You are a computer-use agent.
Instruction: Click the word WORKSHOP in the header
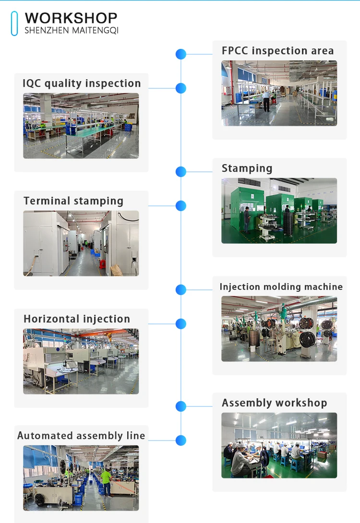pyautogui.click(x=71, y=18)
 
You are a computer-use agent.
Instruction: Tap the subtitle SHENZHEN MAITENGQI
pyautogui.click(x=71, y=31)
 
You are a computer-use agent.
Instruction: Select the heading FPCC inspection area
pyautogui.click(x=277, y=51)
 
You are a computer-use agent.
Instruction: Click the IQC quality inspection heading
pyautogui.click(x=82, y=83)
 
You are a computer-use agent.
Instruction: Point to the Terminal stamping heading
pyautogui.click(x=73, y=201)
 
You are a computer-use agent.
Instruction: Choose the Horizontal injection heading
pyautogui.click(x=77, y=319)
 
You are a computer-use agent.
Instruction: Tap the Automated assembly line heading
pyautogui.click(x=81, y=436)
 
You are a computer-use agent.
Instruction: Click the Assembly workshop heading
pyautogui.click(x=274, y=403)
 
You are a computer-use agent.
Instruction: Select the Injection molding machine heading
pyautogui.click(x=281, y=287)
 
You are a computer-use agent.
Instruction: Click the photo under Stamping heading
pyautogui.click(x=279, y=211)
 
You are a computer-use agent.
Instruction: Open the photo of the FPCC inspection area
pyautogui.click(x=279, y=93)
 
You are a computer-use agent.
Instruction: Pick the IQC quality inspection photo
pyautogui.click(x=81, y=126)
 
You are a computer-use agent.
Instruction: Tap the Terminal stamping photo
pyautogui.click(x=81, y=243)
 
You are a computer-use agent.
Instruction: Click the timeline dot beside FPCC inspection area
pyautogui.click(x=181, y=54)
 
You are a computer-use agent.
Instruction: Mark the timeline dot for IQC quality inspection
pyautogui.click(x=181, y=88)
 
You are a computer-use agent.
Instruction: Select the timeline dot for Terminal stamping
pyautogui.click(x=181, y=206)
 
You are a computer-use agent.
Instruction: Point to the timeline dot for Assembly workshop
pyautogui.click(x=181, y=406)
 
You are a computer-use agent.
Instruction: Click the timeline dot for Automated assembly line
pyautogui.click(x=181, y=440)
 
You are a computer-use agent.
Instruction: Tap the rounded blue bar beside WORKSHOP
pyautogui.click(x=14, y=24)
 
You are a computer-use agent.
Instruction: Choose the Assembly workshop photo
pyautogui.click(x=279, y=445)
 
